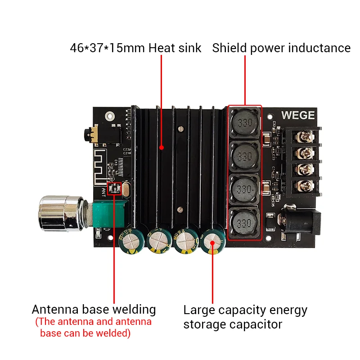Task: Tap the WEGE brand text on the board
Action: point(298,115)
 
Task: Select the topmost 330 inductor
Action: point(244,123)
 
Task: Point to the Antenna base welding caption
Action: point(94,310)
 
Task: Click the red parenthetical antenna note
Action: point(94,328)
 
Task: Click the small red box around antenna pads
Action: point(114,189)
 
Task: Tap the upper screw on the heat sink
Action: point(180,130)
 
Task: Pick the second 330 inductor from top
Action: point(244,157)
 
